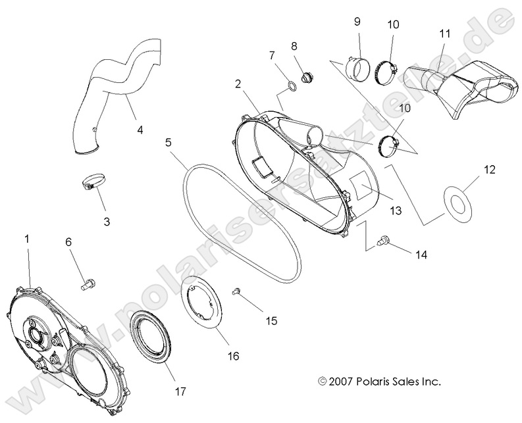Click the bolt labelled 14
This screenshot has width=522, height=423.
(x=382, y=242)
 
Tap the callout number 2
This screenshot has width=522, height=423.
(x=237, y=84)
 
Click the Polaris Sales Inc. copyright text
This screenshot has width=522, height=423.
(x=379, y=381)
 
